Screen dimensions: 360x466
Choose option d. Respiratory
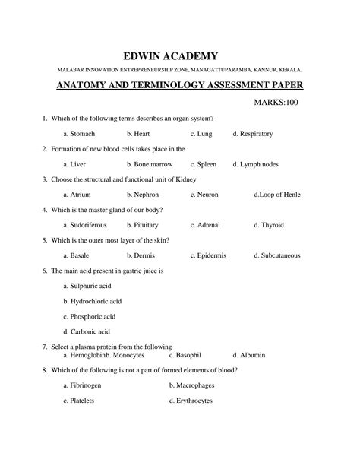tap(257, 133)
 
